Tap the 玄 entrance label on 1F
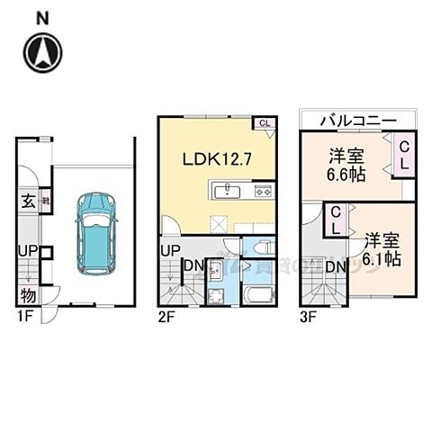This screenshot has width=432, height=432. [27, 202]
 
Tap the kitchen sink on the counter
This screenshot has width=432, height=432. [227, 191]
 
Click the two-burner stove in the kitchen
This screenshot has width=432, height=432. [263, 191]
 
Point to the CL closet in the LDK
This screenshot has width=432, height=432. [265, 125]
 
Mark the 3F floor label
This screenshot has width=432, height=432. [309, 316]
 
